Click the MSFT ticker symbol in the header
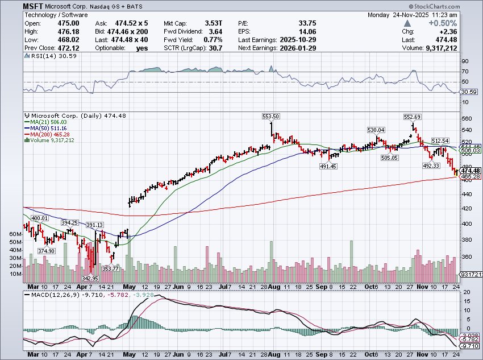coord(35,6)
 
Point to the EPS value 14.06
coord(308,31)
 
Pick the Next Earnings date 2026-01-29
coord(299,48)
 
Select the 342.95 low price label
coord(90,279)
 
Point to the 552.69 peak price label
coord(413,116)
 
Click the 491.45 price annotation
coord(328,166)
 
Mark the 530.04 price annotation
coord(376,130)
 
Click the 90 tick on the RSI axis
coord(464,61)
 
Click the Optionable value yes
coord(142,48)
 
